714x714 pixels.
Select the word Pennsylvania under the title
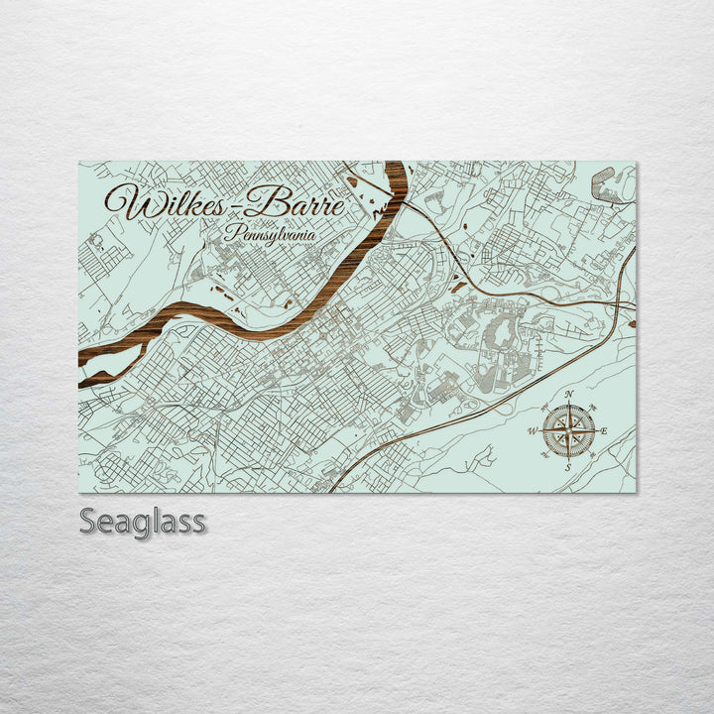(x=270, y=234)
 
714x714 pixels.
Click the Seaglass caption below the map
(x=143, y=521)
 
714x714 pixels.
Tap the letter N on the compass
(x=569, y=395)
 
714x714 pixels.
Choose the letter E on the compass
(x=605, y=429)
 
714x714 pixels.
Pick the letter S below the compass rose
(x=568, y=466)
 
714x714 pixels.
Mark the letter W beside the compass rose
(x=533, y=430)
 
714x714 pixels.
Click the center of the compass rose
(x=569, y=430)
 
